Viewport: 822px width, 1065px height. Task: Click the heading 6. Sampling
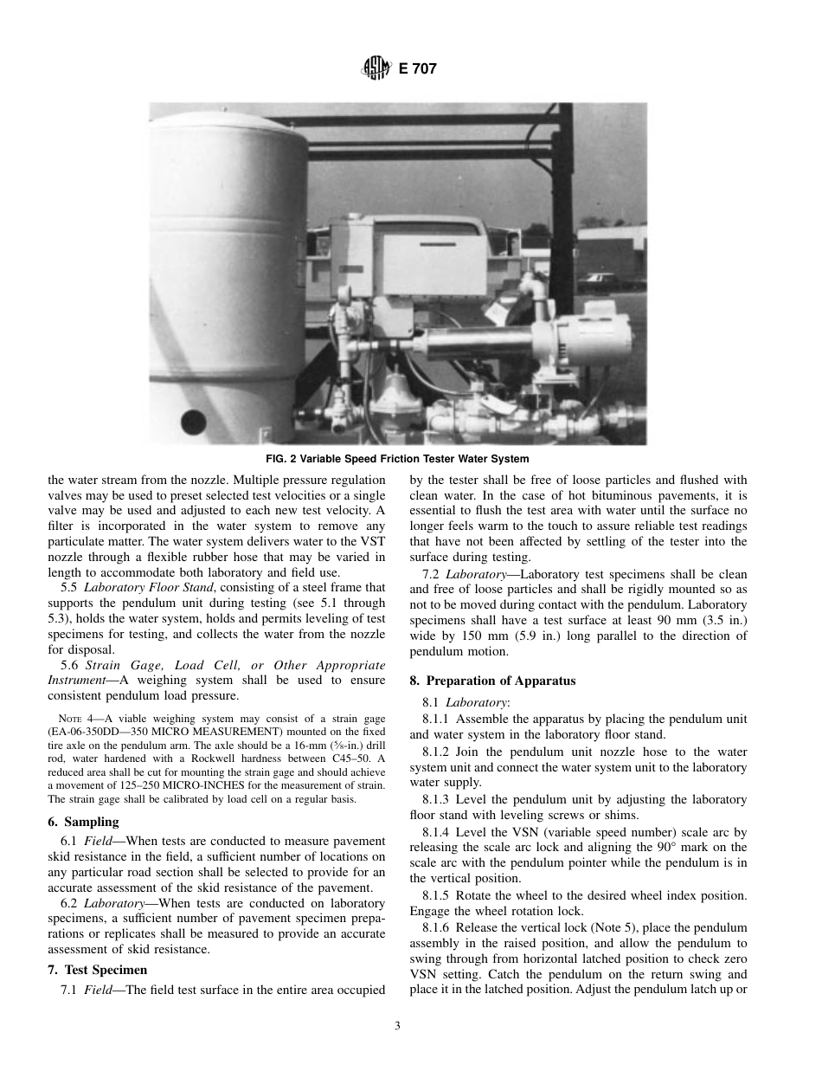(x=84, y=822)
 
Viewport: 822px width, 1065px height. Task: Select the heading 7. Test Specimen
(x=98, y=970)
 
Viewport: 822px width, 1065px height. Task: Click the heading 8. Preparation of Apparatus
(x=492, y=681)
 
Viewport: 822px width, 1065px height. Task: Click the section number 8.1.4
(x=437, y=832)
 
